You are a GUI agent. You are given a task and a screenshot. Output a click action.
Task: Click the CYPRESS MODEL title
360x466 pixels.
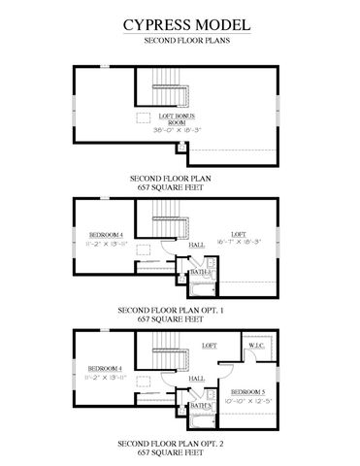click(x=180, y=23)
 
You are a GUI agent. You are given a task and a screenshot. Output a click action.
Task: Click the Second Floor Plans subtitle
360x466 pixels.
click(x=180, y=44)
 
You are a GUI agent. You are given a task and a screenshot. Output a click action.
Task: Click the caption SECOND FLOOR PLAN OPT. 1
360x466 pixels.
click(x=180, y=310)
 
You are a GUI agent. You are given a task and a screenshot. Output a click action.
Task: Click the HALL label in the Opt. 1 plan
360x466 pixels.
click(x=196, y=245)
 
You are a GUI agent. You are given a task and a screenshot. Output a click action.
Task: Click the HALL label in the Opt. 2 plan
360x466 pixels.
click(x=196, y=377)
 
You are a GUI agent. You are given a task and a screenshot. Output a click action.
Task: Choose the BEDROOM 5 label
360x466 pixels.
click(x=253, y=392)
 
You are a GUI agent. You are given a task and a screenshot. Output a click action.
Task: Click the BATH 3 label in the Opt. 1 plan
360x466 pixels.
click(x=200, y=273)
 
